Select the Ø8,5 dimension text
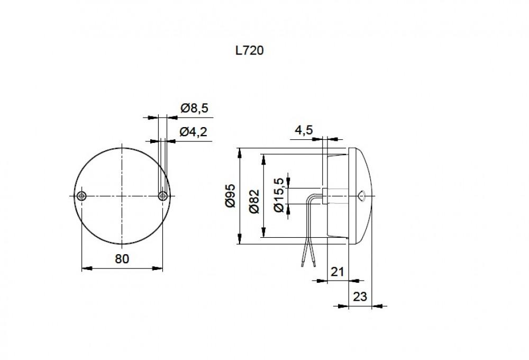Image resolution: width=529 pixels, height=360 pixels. click(x=195, y=109)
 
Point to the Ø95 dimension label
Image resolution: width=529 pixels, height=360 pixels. click(x=231, y=196)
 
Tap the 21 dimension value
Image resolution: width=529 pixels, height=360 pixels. click(x=337, y=272)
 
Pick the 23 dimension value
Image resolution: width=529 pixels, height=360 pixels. click(x=359, y=297)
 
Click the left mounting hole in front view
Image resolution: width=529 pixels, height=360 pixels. click(x=81, y=196)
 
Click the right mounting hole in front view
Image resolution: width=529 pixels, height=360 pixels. click(x=162, y=196)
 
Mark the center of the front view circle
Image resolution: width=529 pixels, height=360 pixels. click(x=122, y=196)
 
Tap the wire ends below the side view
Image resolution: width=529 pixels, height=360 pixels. click(x=308, y=262)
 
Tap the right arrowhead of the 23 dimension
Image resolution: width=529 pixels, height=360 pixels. click(x=376, y=305)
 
